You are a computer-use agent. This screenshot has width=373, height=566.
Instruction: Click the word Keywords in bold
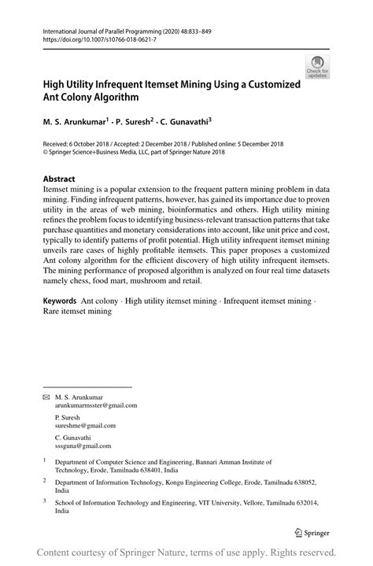tap(60, 300)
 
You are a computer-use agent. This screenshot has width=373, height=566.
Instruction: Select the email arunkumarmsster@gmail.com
tap(96, 405)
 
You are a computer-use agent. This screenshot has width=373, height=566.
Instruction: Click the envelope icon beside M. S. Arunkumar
tap(46, 397)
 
